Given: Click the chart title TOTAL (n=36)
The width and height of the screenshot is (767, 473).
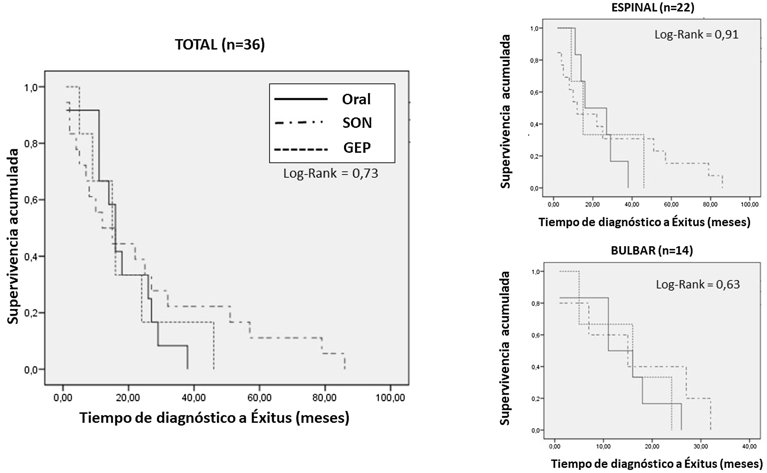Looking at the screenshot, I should [x=220, y=45].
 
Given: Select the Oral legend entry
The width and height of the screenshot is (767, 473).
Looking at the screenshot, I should [x=356, y=100].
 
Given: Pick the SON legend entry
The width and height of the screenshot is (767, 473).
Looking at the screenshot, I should [x=357, y=123].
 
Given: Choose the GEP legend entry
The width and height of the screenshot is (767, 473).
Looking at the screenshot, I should [x=357, y=148].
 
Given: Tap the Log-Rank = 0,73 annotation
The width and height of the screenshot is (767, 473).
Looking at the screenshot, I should [x=330, y=173].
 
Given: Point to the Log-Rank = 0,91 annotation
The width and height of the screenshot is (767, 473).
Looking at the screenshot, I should [x=696, y=34].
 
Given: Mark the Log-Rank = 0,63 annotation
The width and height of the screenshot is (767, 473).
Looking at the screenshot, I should [x=698, y=284].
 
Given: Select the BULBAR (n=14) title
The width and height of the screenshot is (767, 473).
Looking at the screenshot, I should [x=652, y=250].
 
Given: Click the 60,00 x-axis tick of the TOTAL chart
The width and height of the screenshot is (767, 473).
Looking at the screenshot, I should [x=259, y=398].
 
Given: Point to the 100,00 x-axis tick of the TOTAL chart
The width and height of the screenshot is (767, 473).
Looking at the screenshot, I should [x=390, y=398].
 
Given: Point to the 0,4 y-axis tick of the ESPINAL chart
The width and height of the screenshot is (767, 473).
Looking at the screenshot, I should [x=534, y=124].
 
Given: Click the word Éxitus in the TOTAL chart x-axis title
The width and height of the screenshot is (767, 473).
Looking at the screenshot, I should [x=271, y=418].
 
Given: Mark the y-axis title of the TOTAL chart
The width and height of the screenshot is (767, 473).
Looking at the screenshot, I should [x=13, y=236].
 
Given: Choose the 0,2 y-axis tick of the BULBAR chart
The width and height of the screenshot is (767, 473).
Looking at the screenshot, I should [x=535, y=399].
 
